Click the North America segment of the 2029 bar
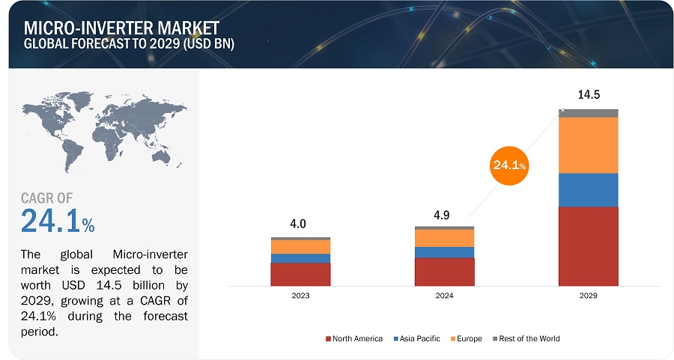(588, 245)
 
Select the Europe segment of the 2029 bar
(588, 145)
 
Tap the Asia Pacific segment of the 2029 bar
(588, 189)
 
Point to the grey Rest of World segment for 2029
(588, 113)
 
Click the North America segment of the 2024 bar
(444, 271)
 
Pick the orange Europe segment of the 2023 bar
(300, 246)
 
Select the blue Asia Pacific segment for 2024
(444, 252)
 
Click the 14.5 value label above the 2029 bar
(588, 95)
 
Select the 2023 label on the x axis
(300, 296)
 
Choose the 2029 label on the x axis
(588, 296)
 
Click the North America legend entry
(354, 339)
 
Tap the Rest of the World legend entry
(526, 339)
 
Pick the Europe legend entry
(466, 339)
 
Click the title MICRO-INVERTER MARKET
(103, 29)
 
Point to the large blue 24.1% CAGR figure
(57, 222)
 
